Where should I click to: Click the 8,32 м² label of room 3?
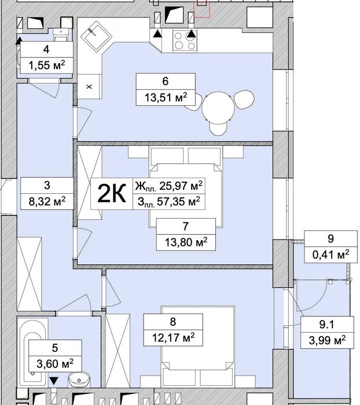click(46, 201)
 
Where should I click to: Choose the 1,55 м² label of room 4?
click(46, 65)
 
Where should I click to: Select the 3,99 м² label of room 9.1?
click(327, 340)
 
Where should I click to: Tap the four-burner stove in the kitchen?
click(185, 40)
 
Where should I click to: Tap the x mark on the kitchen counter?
click(89, 86)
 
